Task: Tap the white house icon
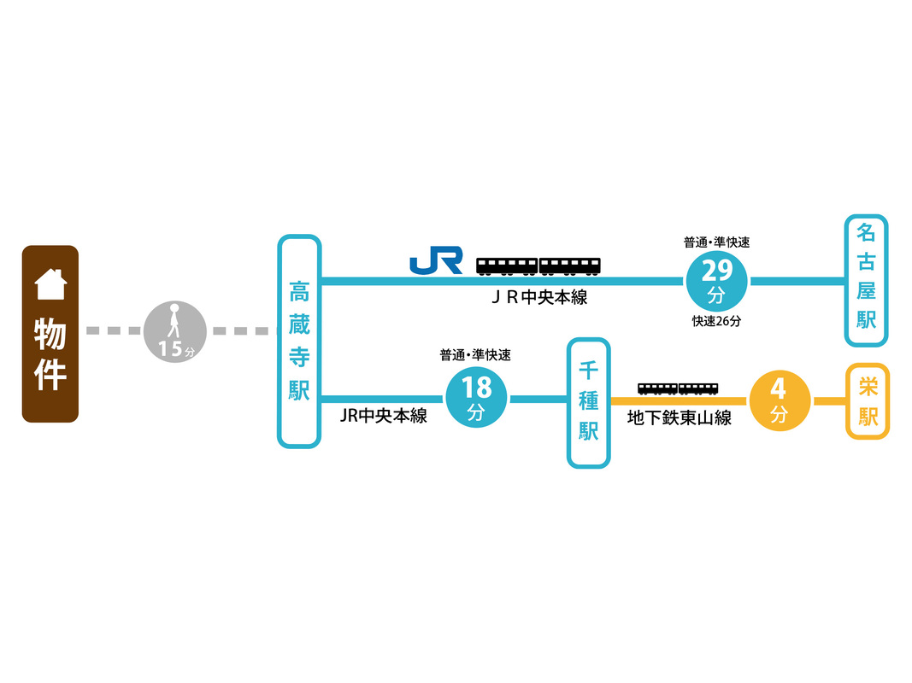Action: [x=50, y=284]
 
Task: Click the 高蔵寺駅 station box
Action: [x=299, y=341]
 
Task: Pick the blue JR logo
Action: [x=436, y=260]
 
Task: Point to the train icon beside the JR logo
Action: [x=538, y=266]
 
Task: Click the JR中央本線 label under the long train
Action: [x=539, y=298]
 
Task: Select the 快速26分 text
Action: [x=716, y=322]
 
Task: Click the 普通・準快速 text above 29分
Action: [x=716, y=243]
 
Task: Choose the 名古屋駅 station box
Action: [x=866, y=280]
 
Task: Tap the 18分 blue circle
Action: [x=476, y=398]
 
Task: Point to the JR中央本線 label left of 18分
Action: [x=383, y=417]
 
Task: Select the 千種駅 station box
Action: [x=588, y=403]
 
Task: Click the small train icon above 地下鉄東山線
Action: [x=678, y=388]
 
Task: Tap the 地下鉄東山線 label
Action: [x=679, y=418]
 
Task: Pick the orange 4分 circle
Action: [x=779, y=400]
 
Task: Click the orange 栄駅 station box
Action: [x=868, y=401]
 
